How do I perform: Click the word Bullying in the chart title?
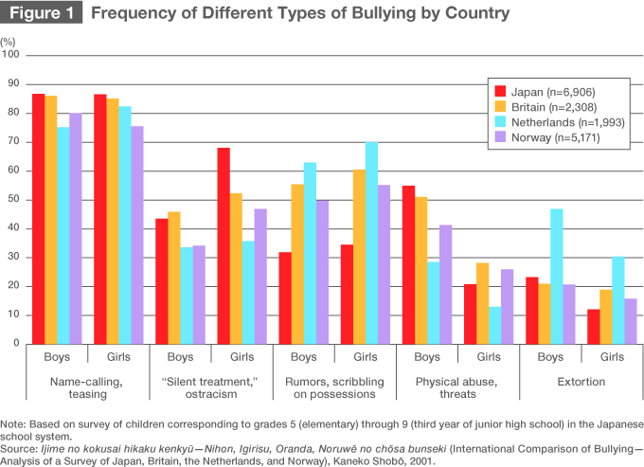tap(374, 13)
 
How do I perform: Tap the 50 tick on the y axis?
tap(12, 200)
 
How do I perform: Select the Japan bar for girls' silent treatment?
tap(224, 245)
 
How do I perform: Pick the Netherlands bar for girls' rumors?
tap(371, 242)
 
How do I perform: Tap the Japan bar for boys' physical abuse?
tap(409, 264)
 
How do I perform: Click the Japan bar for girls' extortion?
tap(593, 326)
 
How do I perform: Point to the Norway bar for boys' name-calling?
tap(76, 228)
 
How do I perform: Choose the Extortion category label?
tap(581, 381)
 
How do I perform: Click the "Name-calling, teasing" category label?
tap(88, 387)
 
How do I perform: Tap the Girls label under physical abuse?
tap(488, 357)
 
